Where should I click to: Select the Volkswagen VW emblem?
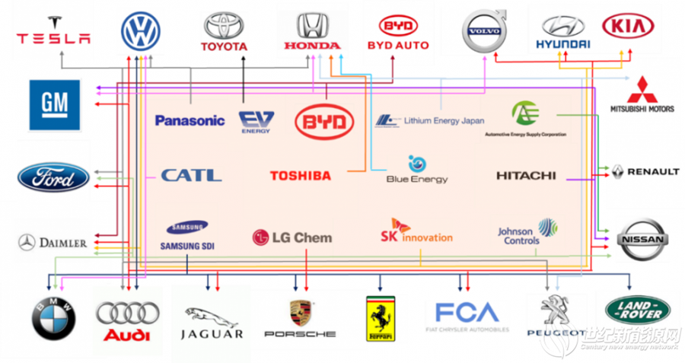coord(141,30)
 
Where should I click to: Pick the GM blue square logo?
coord(54,105)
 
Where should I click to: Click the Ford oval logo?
coord(53,178)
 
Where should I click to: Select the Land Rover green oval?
coord(632,310)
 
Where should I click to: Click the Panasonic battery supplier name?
coord(190,120)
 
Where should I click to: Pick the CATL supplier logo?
coord(191,175)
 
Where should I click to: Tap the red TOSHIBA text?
coord(300,176)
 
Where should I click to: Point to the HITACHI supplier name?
coord(526,176)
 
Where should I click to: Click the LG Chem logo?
coord(292,237)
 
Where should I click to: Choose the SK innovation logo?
coord(416,232)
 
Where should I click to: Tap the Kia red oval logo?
coord(628,27)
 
